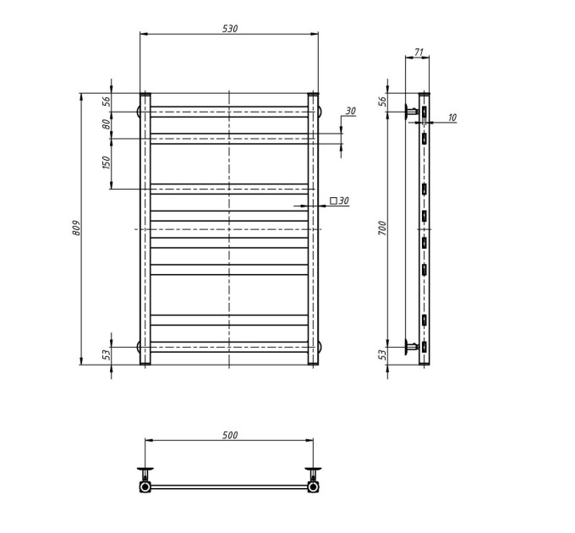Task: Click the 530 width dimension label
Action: pyautogui.click(x=230, y=29)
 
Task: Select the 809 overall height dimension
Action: pyautogui.click(x=76, y=228)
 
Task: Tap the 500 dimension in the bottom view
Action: pyautogui.click(x=230, y=435)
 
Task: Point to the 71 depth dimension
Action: pyautogui.click(x=419, y=52)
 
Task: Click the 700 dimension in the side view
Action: pyautogui.click(x=382, y=228)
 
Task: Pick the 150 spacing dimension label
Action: pyautogui.click(x=106, y=162)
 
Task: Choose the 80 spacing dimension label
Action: pyautogui.click(x=106, y=124)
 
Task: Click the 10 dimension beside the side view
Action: pyautogui.click(x=452, y=118)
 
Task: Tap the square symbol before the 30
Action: pyautogui.click(x=333, y=201)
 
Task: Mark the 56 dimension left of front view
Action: pyautogui.click(x=106, y=102)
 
